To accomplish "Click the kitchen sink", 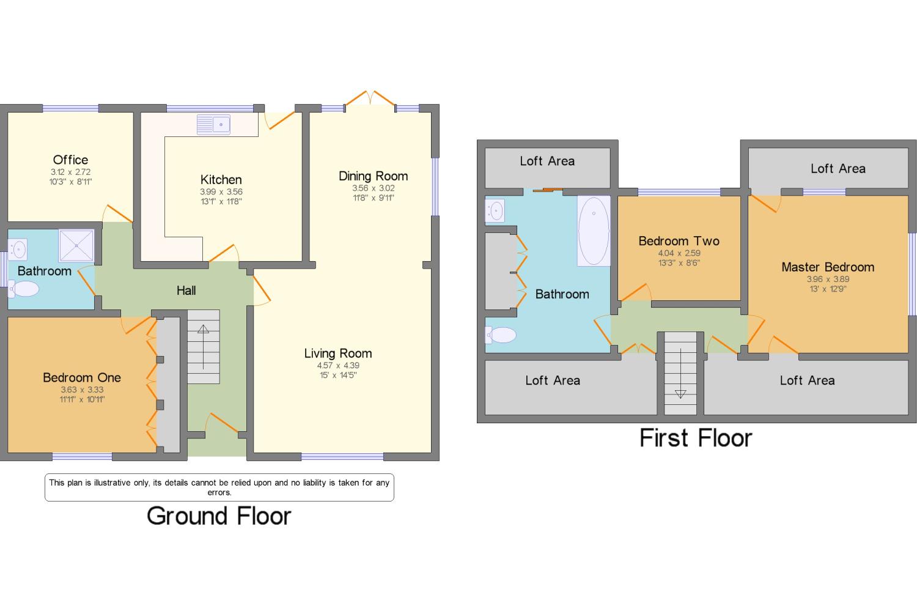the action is pyautogui.click(x=213, y=125).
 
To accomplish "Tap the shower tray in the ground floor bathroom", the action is pyautogui.click(x=76, y=245).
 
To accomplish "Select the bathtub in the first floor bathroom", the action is pyautogui.click(x=594, y=231).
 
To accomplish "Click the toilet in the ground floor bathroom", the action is pyautogui.click(x=23, y=289).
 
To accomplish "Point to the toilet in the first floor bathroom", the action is pyautogui.click(x=500, y=335).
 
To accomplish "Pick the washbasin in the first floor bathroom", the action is pyautogui.click(x=495, y=211).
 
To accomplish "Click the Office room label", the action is pyautogui.click(x=70, y=160).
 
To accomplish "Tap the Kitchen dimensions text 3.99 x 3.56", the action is pyautogui.click(x=221, y=191).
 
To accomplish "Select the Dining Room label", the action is pyautogui.click(x=373, y=176).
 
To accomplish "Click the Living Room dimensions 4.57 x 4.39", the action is pyautogui.click(x=338, y=365).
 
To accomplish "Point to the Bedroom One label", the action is pyautogui.click(x=82, y=377).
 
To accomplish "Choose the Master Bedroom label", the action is pyautogui.click(x=828, y=267).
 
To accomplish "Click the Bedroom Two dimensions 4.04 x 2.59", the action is pyautogui.click(x=679, y=253).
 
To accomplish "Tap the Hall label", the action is pyautogui.click(x=186, y=291).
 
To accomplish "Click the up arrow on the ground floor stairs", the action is pyautogui.click(x=204, y=347).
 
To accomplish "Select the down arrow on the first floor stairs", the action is pyautogui.click(x=680, y=373).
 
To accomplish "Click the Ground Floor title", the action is pyautogui.click(x=219, y=516).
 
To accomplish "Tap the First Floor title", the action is pyautogui.click(x=696, y=438).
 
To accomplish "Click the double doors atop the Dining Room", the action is pyautogui.click(x=370, y=98).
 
